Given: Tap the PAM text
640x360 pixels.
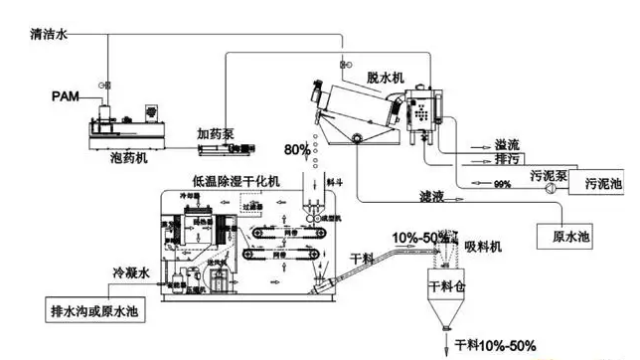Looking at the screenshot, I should tap(66, 95).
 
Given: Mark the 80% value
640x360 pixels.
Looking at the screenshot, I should tap(297, 151).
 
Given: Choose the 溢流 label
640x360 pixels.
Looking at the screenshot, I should tap(508, 143).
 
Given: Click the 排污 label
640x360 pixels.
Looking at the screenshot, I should tap(508, 159).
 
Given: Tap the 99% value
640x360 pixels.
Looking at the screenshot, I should tap(503, 184).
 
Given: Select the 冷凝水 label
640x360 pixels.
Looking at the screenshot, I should tap(132, 270).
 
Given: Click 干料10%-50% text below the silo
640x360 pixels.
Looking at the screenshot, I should tap(495, 345).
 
